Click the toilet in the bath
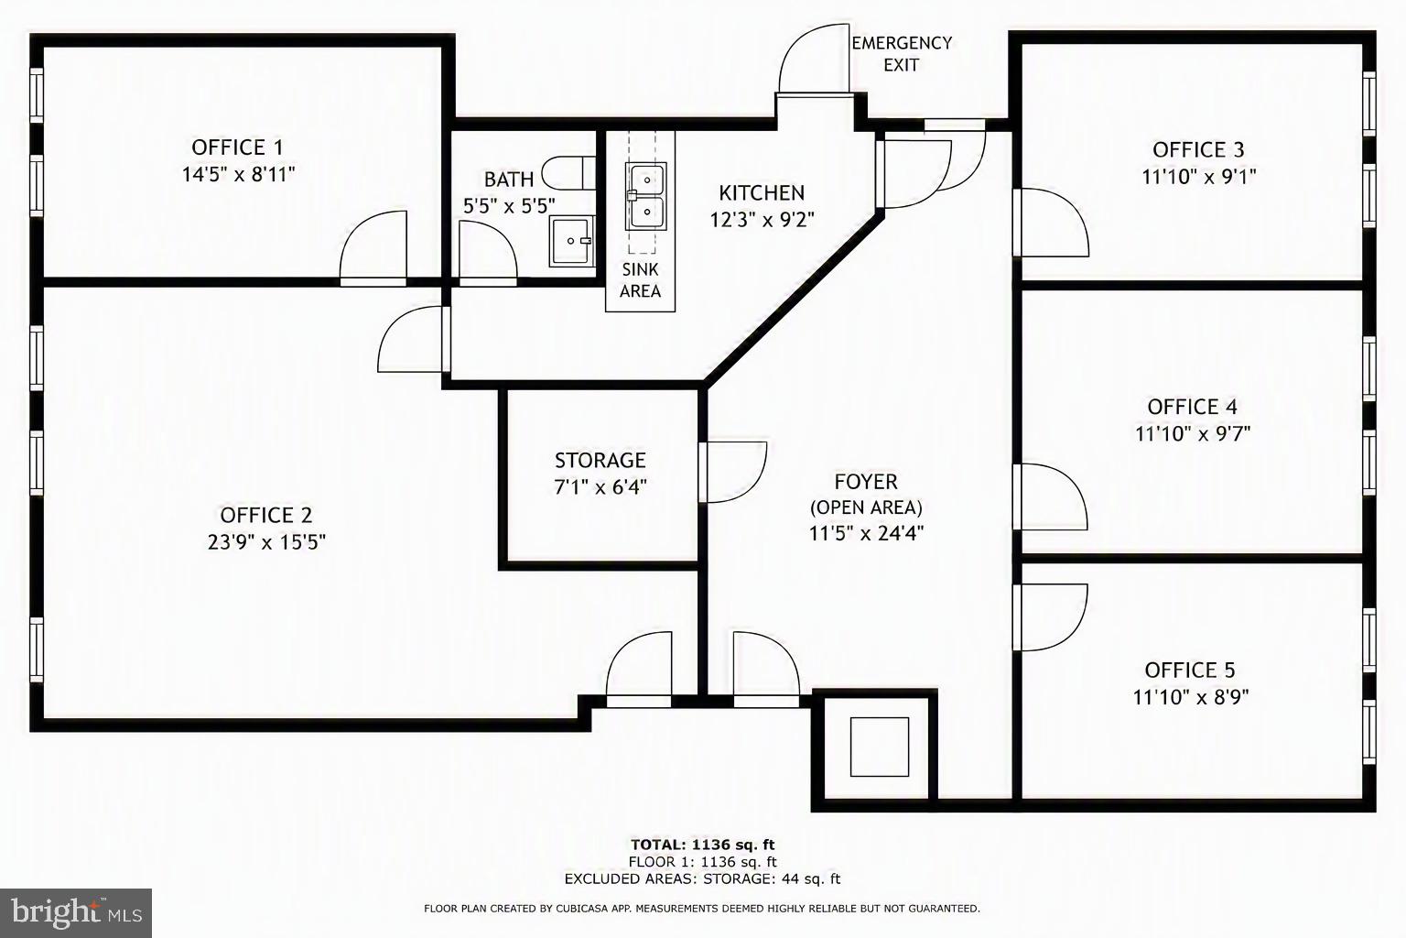568,173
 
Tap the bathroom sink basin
572,241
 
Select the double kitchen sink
645,196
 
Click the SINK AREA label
640,280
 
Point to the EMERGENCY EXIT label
902,54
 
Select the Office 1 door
373,249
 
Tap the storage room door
732,472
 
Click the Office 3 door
1051,223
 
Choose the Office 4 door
1050,496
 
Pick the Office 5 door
1050,617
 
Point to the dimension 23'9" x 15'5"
266,541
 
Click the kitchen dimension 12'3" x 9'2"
762,220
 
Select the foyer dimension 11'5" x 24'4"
866,533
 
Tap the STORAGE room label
600,461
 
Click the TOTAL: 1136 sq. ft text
703,845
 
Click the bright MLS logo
76,913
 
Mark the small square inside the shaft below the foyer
880,747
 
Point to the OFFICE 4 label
1192,407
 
